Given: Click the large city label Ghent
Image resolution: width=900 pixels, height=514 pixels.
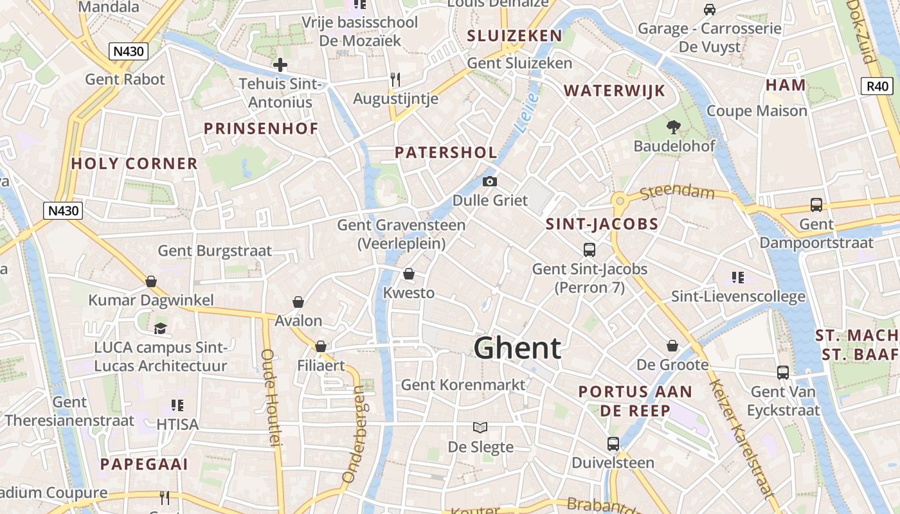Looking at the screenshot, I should click(517, 348).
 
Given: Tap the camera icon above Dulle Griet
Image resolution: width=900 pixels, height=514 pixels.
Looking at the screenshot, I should click(490, 182).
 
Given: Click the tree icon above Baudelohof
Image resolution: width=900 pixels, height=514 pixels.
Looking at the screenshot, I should click(674, 127).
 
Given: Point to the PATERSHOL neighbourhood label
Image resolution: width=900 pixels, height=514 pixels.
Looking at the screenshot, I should click(446, 152).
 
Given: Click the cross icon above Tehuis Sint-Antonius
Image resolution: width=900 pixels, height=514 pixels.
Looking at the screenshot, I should click(280, 65).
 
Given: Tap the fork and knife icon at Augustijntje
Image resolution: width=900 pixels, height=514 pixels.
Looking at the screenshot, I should click(395, 80).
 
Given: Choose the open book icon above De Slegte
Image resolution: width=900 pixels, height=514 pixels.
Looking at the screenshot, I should click(480, 427).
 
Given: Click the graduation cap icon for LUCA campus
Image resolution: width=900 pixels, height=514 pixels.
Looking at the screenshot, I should click(160, 328).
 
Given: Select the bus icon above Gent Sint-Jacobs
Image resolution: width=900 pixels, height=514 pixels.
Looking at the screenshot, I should click(589, 250).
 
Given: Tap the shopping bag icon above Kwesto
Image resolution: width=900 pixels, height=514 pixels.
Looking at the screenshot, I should click(408, 274).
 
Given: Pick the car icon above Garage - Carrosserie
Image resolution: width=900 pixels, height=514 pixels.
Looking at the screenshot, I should click(710, 10).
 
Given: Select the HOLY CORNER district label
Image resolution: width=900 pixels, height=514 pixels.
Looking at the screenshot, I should click(134, 164).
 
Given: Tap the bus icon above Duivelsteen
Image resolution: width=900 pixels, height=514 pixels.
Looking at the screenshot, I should click(613, 443).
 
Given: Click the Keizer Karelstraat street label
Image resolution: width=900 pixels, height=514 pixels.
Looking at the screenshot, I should click(742, 438).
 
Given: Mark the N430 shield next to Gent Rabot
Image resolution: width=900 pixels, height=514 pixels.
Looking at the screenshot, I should click(129, 51).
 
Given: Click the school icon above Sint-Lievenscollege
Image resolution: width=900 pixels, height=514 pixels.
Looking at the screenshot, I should click(737, 278).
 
